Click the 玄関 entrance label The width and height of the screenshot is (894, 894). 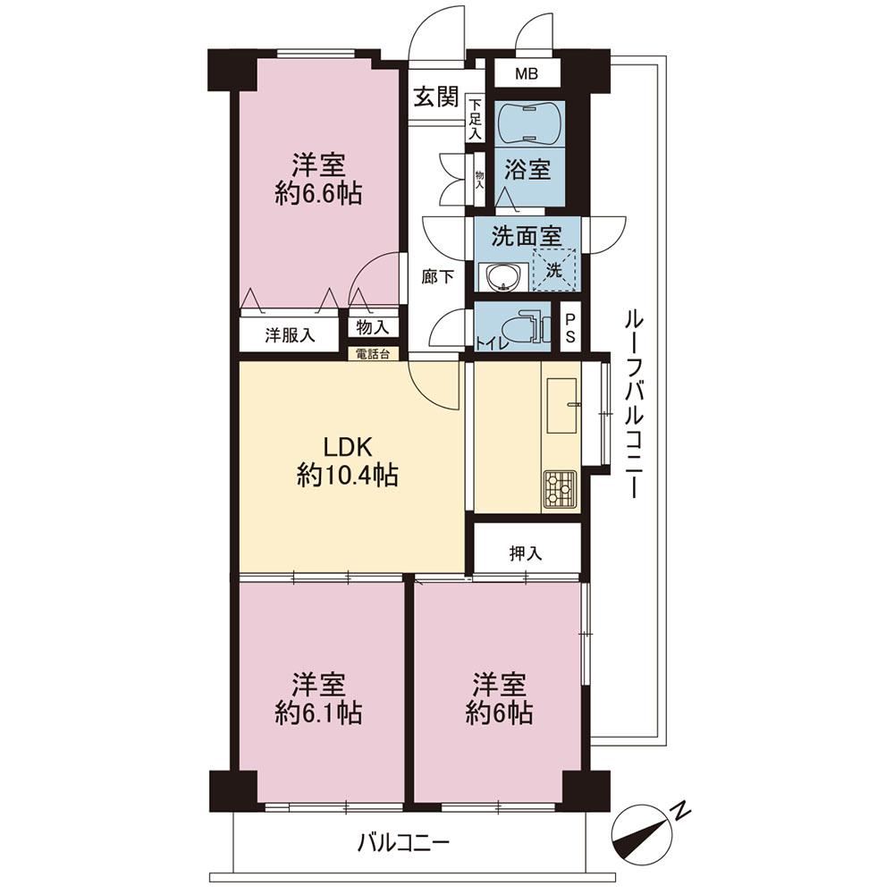click(x=435, y=97)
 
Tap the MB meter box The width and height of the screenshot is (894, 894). click(x=527, y=73)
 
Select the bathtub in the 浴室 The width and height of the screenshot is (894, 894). click(x=531, y=123)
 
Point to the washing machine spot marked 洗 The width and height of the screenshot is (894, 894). click(x=553, y=270)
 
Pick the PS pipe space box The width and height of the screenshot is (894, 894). click(x=569, y=328)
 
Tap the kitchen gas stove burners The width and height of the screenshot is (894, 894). click(x=560, y=489)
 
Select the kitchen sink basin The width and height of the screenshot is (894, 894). click(x=562, y=405)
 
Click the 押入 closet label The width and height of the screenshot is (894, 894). click(x=525, y=553)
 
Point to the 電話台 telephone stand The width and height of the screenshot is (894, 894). click(x=373, y=354)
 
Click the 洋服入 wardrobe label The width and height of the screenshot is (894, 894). click(x=290, y=335)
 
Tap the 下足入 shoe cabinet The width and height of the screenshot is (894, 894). click(x=476, y=119)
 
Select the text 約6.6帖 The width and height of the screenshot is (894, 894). click(x=318, y=194)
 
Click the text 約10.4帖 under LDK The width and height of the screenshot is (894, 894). click(x=347, y=475)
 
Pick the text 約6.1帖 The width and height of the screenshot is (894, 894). click(x=318, y=713)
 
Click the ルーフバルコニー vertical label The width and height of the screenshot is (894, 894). click(x=633, y=404)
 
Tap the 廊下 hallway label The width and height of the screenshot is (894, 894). click(x=438, y=276)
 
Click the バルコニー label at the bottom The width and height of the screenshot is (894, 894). click(x=404, y=842)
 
